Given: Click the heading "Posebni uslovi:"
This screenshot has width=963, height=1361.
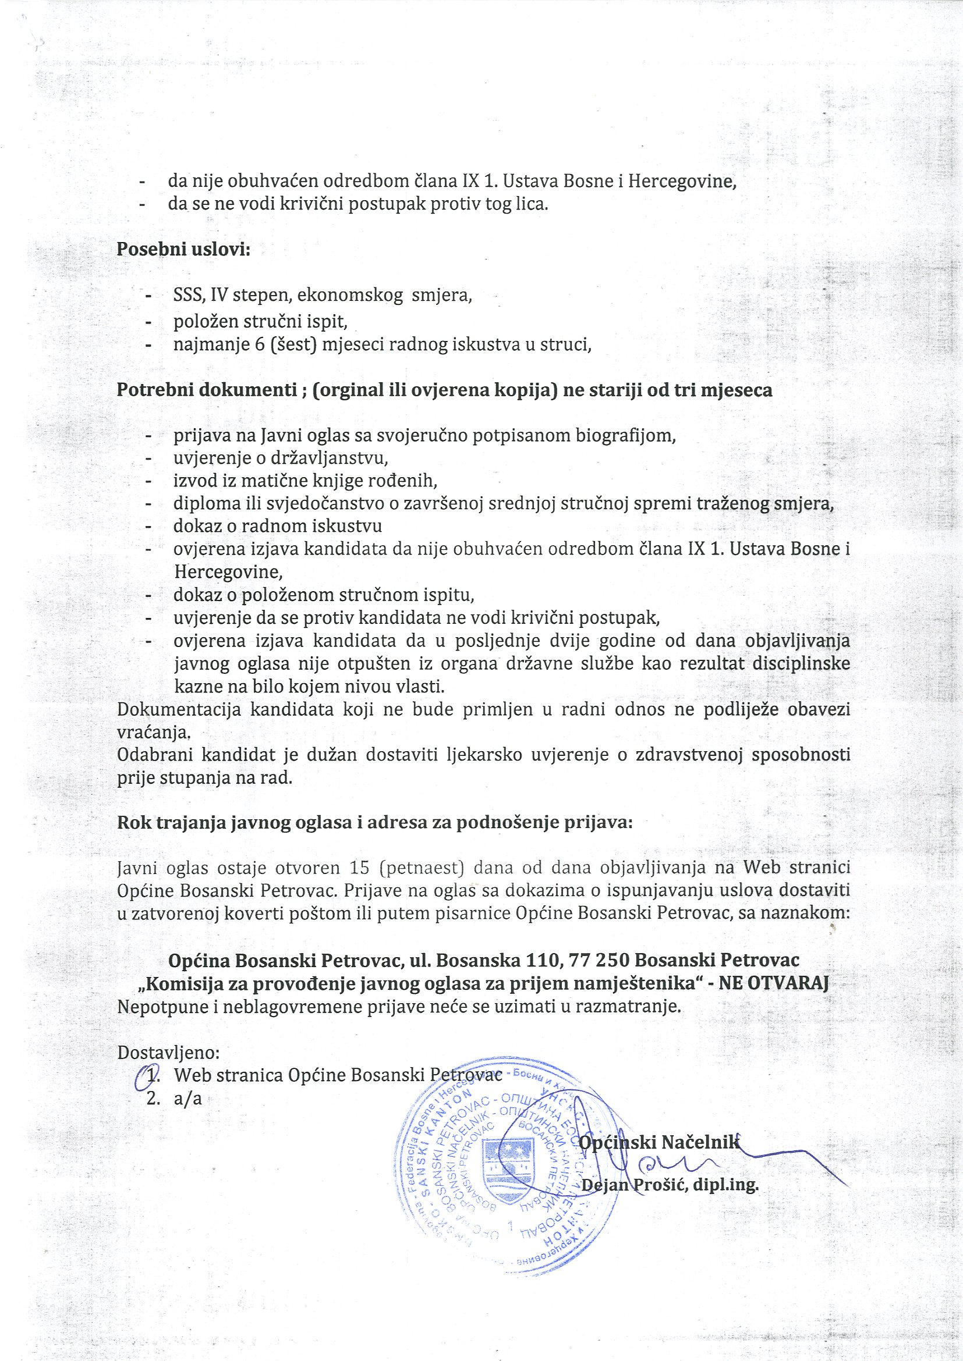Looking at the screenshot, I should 183,249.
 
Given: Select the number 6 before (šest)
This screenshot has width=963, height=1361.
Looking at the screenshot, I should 260,344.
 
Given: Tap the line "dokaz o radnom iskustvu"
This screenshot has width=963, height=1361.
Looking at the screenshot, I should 278,527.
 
